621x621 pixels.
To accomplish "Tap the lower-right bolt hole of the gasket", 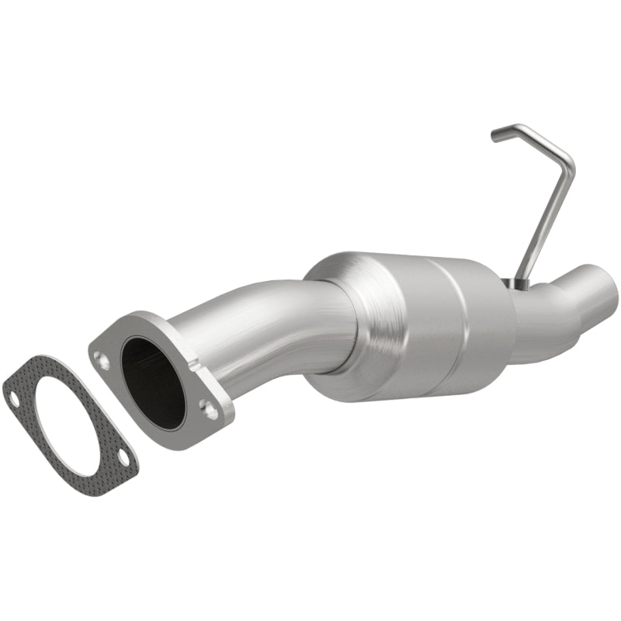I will (122, 468).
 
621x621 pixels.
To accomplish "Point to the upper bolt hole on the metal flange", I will (101, 358).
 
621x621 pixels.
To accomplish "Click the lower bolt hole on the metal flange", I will (206, 405).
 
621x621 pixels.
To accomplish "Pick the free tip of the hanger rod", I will (495, 137).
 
